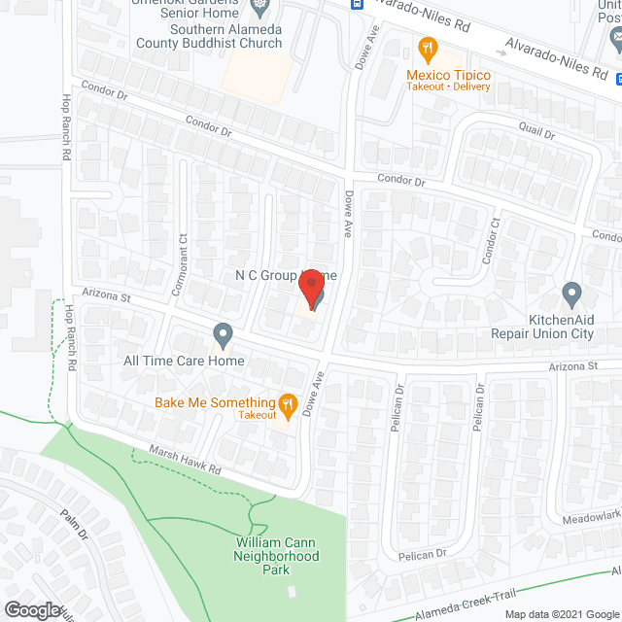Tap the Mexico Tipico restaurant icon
(426, 48)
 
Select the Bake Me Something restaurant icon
(287, 403)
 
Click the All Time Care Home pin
(223, 336)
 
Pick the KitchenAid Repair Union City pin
(571, 293)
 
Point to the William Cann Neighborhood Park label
(276, 556)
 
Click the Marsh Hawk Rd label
(185, 459)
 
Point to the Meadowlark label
(591, 518)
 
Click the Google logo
(31, 610)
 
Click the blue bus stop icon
(358, 4)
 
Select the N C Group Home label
(285, 276)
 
